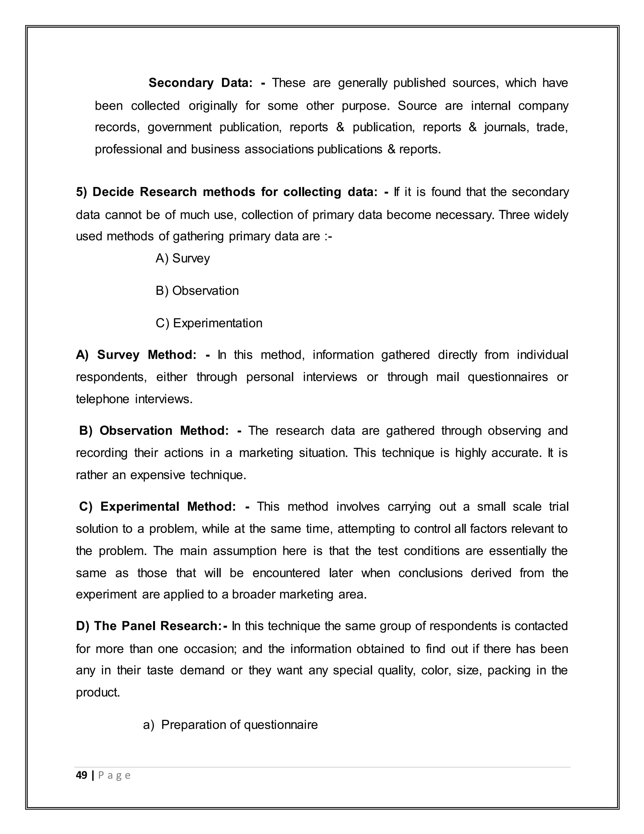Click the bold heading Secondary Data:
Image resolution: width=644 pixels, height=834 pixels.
(x=200, y=83)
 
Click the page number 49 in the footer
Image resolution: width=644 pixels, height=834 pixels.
(x=81, y=775)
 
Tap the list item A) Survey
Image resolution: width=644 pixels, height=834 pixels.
(x=183, y=258)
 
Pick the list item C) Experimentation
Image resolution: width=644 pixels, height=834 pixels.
(x=209, y=324)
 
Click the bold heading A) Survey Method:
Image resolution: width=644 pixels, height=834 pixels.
(x=136, y=355)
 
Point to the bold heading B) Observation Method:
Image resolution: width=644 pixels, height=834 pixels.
(x=154, y=431)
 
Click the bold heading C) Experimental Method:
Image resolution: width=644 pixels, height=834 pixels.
(x=157, y=507)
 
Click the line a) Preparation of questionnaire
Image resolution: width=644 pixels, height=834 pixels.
(x=230, y=725)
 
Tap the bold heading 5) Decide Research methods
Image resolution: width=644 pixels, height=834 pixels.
(x=227, y=192)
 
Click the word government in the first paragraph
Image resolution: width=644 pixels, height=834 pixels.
(x=179, y=127)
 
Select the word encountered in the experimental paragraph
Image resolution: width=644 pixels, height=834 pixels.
(x=286, y=573)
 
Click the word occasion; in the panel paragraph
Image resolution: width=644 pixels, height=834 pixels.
(x=209, y=649)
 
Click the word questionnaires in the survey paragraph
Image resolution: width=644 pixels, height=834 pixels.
(x=508, y=377)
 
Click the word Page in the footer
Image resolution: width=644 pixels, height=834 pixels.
(x=114, y=775)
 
